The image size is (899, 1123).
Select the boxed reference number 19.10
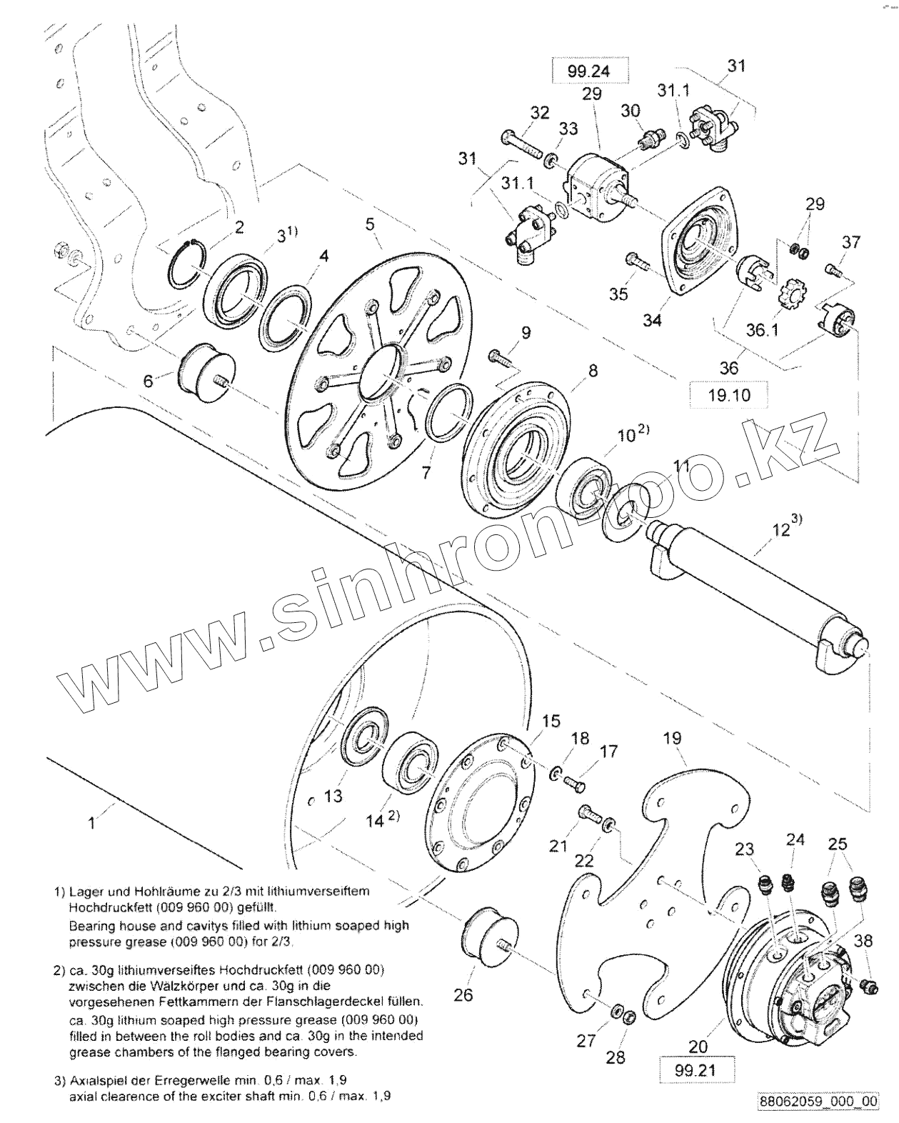point(728,394)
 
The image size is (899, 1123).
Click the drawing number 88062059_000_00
point(818,1102)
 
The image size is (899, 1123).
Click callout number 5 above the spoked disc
point(370,224)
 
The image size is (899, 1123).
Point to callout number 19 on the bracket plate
point(672,738)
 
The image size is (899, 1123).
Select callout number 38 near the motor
point(863,941)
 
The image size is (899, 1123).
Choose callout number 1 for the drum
point(91,823)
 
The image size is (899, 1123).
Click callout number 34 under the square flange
point(651,320)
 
